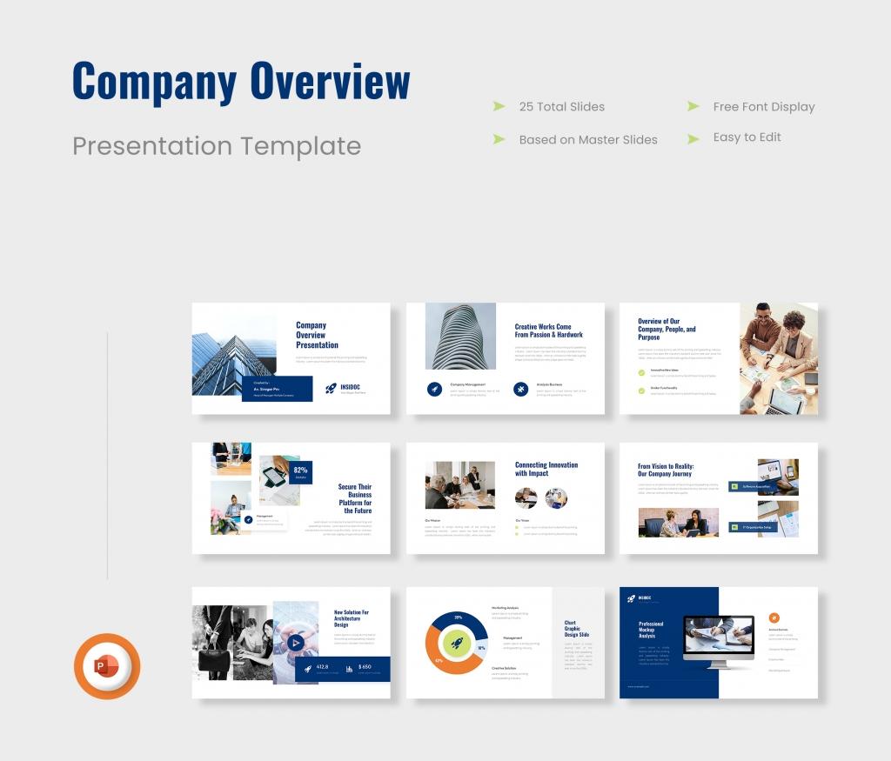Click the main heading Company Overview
coord(241,83)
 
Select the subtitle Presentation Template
coord(216,145)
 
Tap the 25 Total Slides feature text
coord(561,107)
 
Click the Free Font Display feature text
coord(763,107)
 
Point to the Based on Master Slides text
coord(587,139)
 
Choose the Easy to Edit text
coord(747,137)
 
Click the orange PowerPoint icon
coord(106,666)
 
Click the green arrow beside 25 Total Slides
coord(499,107)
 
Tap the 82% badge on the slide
coord(301,471)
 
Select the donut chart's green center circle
coord(457,644)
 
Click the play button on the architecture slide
coord(296,643)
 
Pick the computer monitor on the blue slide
coord(719,640)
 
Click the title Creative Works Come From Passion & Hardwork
coord(548,330)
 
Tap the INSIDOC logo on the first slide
coord(345,388)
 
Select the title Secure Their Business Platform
coord(355,498)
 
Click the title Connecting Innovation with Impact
coord(546,469)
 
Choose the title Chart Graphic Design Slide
coord(576,628)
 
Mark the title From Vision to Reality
coord(666,470)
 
